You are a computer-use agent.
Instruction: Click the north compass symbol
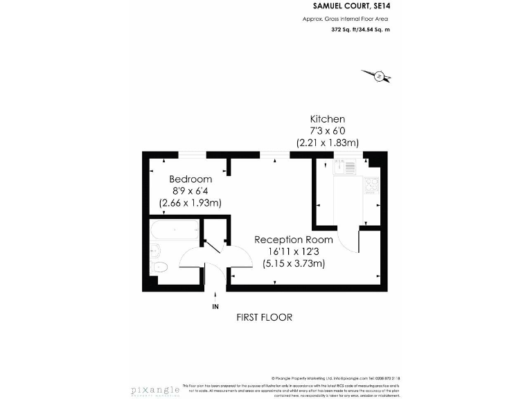[378, 76]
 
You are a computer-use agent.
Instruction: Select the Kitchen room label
[327, 119]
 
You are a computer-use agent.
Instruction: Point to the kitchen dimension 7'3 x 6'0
[327, 131]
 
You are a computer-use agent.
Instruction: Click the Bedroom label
[190, 179]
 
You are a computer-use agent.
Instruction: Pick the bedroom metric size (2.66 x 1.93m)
[190, 203]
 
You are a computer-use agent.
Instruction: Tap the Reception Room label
[294, 240]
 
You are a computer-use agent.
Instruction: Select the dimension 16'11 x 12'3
[294, 251]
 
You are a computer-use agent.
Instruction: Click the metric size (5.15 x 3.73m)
[294, 263]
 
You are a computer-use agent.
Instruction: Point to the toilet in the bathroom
[159, 267]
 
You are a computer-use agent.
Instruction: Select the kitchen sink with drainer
[344, 166]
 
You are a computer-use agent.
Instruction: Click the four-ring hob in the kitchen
[371, 186]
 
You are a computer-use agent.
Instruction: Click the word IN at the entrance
[215, 305]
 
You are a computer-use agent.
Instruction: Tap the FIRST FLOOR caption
[264, 317]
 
